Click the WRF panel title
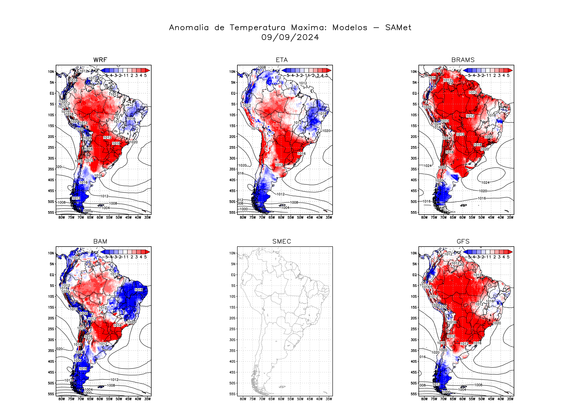[100, 60]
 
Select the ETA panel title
[282, 60]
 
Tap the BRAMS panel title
[463, 60]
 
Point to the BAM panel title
[100, 241]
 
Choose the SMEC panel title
[282, 241]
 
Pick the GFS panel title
[463, 241]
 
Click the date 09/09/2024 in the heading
[290, 37]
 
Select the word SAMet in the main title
[398, 28]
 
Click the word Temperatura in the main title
[257, 28]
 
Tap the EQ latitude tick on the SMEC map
[233, 275]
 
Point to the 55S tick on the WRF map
[51, 213]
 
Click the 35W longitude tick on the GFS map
[510, 399]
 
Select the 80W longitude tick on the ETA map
[243, 218]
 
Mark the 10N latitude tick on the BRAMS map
[414, 72]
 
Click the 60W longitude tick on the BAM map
[100, 399]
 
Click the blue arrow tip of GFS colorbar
[466, 252]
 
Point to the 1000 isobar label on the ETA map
[244, 209]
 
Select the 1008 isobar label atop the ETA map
[262, 67]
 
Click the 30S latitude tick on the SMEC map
[232, 340]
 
